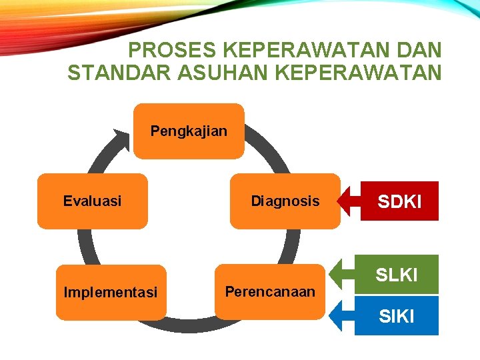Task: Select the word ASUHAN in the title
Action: pos(195,72)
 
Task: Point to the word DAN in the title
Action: pos(419,50)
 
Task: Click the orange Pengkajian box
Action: pos(189,131)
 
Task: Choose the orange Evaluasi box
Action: pos(92,201)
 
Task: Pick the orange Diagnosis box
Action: pos(285,201)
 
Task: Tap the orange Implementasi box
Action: pos(111,292)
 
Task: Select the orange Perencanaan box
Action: pos(270,291)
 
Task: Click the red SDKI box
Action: pos(400,201)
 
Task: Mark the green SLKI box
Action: pos(397,274)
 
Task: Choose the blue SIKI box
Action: pos(397,315)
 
